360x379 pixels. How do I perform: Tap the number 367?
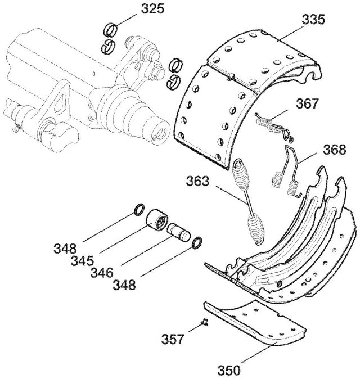(x=308, y=103)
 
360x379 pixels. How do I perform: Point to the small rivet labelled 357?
(x=205, y=322)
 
